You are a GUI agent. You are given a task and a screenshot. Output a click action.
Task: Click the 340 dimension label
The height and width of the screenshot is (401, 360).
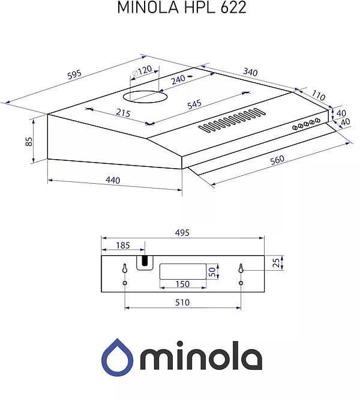(x=250, y=72)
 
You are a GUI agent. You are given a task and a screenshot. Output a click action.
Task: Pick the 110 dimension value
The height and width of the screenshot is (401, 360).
(x=318, y=96)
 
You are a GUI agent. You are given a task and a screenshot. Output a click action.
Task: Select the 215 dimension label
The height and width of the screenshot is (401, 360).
(x=123, y=114)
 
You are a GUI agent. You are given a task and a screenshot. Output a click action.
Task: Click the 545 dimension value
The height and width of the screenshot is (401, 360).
(x=194, y=104)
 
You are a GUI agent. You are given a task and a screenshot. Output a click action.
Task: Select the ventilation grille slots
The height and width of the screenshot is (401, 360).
(x=232, y=120)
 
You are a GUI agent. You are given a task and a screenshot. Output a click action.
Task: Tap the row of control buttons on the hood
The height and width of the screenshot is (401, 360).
(x=306, y=124)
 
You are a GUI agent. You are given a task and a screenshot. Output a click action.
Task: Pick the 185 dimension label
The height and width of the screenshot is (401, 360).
(x=122, y=245)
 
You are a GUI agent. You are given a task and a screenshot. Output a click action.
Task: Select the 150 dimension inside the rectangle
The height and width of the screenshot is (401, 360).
(x=182, y=284)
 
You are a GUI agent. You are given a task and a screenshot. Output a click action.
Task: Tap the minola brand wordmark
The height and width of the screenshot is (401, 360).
(x=201, y=358)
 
